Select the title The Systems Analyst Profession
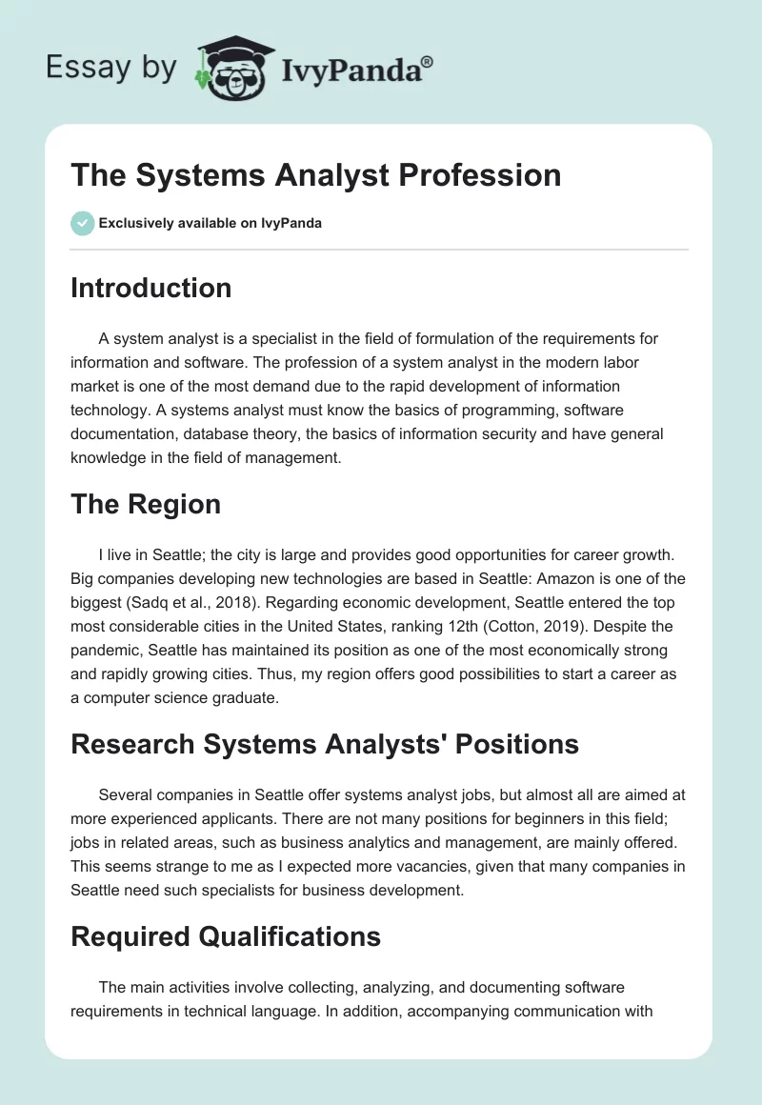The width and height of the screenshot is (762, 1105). click(x=315, y=175)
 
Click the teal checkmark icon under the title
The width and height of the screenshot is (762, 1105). click(x=82, y=224)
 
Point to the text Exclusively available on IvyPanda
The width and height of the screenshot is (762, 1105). click(x=211, y=224)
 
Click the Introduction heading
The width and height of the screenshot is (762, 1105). click(x=150, y=288)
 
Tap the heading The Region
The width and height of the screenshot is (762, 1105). click(x=145, y=504)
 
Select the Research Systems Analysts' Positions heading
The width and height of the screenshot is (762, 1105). click(x=324, y=743)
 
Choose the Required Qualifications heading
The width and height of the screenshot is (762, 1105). click(x=226, y=936)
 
